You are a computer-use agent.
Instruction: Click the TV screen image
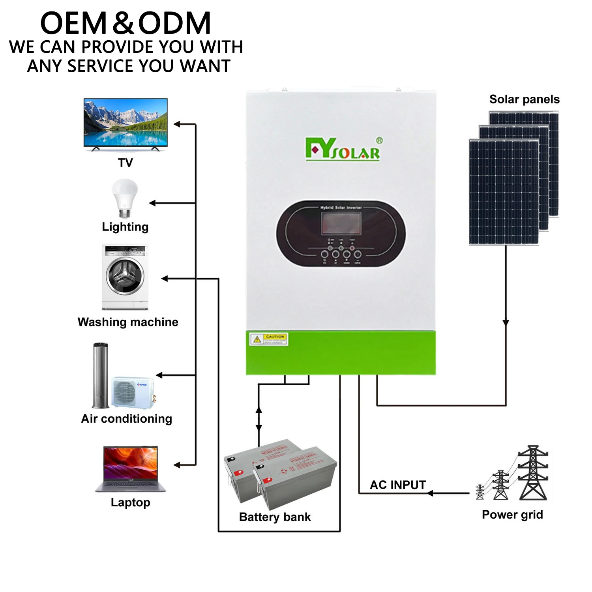(126, 122)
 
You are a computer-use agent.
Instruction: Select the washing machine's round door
(125, 276)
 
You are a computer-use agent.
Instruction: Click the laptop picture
(131, 469)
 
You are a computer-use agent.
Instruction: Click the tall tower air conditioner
(100, 375)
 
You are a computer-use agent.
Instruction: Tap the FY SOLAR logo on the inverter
(343, 149)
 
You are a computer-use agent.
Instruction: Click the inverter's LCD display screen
(341, 224)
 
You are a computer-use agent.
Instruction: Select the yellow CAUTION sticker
(269, 339)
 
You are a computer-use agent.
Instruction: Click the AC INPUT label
(398, 485)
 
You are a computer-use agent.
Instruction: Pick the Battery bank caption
(275, 517)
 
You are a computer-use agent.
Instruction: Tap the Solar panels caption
(524, 99)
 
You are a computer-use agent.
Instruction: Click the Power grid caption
(512, 515)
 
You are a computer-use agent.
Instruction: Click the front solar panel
(504, 192)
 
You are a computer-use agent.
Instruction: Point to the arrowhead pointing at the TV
(177, 124)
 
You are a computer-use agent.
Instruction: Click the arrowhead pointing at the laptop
(177, 465)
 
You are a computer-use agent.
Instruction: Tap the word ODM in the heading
(174, 24)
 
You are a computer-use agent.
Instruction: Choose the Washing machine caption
(128, 322)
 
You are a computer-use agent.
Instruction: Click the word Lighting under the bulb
(125, 227)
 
